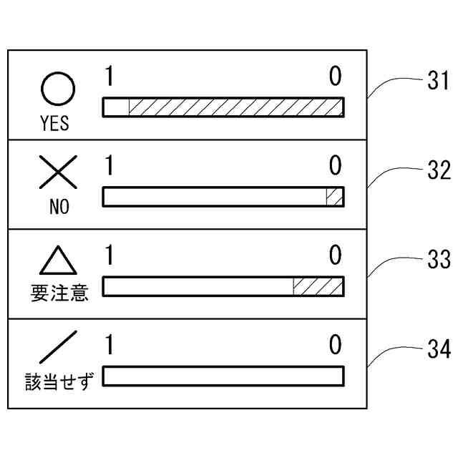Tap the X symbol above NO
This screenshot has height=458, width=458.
point(58,175)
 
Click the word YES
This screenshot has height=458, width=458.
point(55,124)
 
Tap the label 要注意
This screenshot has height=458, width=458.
point(59,293)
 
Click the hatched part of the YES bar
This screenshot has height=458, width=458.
point(236,107)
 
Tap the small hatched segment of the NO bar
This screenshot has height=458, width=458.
point(334,197)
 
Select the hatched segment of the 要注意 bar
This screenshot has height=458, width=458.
point(318,286)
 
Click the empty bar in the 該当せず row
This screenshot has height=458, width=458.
point(223,376)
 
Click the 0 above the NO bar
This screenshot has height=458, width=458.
point(335,166)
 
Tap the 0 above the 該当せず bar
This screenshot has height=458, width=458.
point(335,345)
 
